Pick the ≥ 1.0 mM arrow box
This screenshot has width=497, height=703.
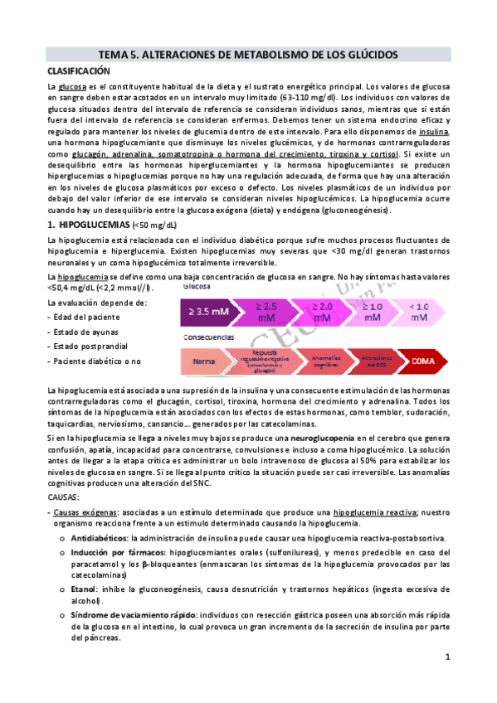click(x=373, y=312)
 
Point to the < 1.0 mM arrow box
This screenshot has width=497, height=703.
click(x=420, y=312)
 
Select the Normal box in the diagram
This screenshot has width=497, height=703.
click(x=204, y=362)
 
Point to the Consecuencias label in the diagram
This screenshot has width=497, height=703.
click(x=207, y=337)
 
